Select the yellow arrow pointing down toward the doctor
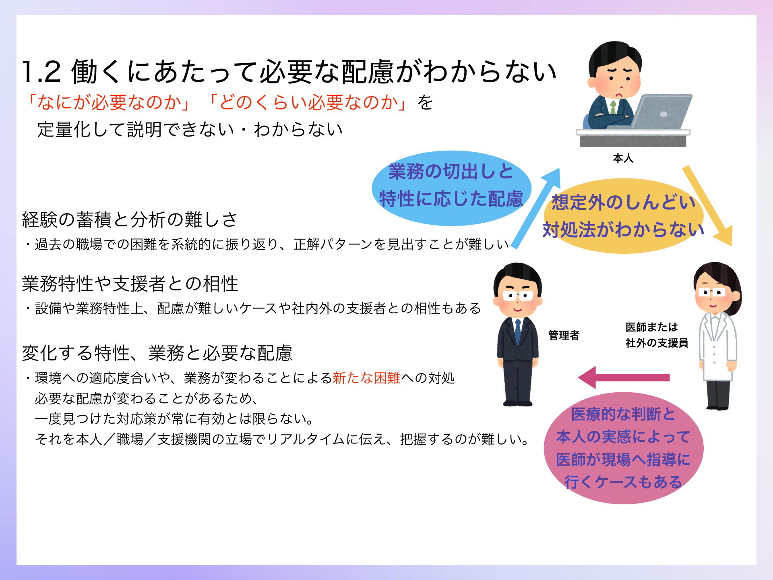(707, 205)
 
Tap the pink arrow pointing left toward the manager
(624, 377)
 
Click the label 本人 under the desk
(623, 158)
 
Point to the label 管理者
(564, 335)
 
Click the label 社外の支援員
(657, 343)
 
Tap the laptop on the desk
(660, 112)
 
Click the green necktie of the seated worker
(613, 107)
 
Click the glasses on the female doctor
(712, 292)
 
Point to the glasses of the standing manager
(517, 296)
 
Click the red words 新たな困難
(366, 378)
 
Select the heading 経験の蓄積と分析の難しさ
(130, 220)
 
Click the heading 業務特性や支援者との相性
(130, 284)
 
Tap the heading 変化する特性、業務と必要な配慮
(157, 353)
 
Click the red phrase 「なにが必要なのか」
(109, 102)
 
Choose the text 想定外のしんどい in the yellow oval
(623, 202)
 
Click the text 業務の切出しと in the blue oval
(451, 172)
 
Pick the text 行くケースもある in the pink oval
(623, 482)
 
